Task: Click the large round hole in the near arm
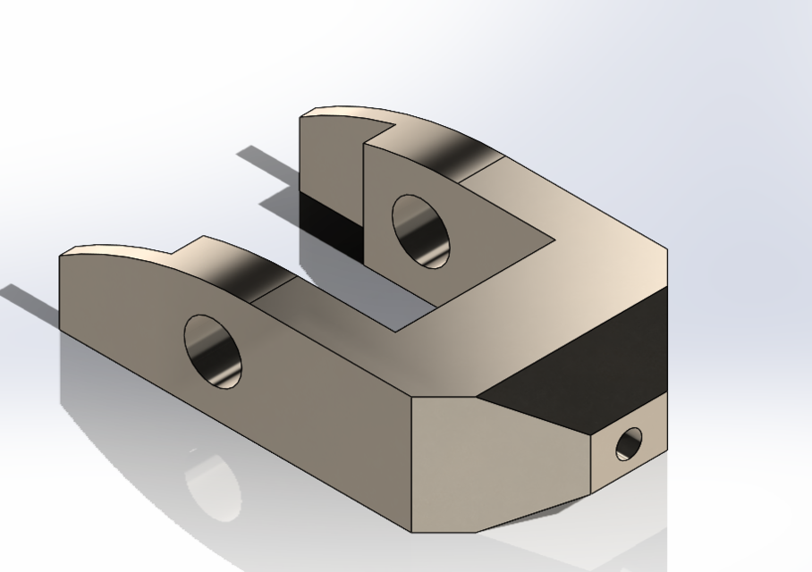pos(214,351)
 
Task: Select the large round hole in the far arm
pos(420,231)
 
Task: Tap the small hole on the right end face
pos(630,443)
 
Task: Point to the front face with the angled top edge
pos(501,465)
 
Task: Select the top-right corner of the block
pos(667,250)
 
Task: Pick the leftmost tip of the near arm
pos(60,257)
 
